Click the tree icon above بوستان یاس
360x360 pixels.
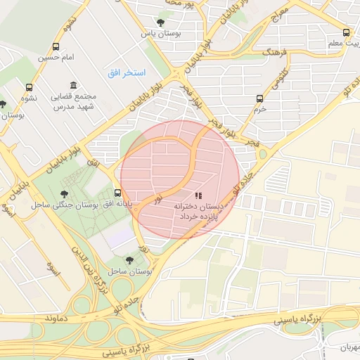click(x=162, y=22)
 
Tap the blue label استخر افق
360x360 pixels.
click(x=127, y=73)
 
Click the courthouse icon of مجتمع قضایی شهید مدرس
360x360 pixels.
click(x=73, y=85)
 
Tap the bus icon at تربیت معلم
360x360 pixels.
click(x=345, y=32)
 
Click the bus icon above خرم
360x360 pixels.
click(x=260, y=98)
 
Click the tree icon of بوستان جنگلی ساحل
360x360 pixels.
click(x=65, y=193)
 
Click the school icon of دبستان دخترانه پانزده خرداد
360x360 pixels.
click(x=198, y=195)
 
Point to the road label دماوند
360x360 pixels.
click(x=56, y=319)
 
